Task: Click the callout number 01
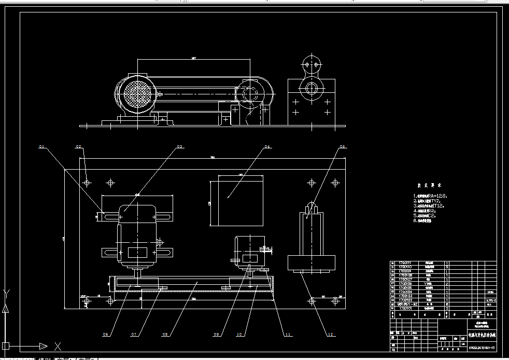point(42,147)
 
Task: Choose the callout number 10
point(239,335)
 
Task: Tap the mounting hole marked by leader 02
point(87,183)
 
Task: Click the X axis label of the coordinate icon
point(58,346)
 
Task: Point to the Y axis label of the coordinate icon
point(6,293)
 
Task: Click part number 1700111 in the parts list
point(404,264)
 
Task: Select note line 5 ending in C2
point(430,216)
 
